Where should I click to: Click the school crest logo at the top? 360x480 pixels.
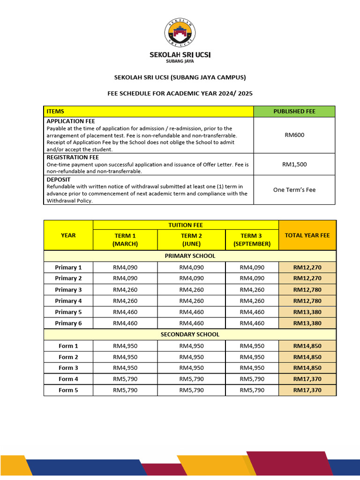(x=180, y=34)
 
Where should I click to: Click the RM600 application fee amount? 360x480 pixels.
(x=294, y=135)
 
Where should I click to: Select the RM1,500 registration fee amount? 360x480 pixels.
(x=294, y=165)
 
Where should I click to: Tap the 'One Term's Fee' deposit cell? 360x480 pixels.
(x=294, y=190)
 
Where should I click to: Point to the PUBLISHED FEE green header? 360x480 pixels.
(x=294, y=112)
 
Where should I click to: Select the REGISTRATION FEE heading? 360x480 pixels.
(x=73, y=157)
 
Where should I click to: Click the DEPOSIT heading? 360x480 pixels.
(x=59, y=179)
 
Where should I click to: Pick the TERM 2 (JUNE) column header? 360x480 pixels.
(x=191, y=240)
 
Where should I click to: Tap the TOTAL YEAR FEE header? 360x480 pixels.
(x=307, y=235)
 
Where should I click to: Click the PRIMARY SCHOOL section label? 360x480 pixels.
(x=190, y=256)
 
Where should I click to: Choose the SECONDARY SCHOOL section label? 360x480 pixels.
(x=190, y=335)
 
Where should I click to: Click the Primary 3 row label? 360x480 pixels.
(x=68, y=290)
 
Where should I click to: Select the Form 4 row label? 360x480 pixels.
(x=68, y=379)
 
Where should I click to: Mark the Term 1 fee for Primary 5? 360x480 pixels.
(x=125, y=312)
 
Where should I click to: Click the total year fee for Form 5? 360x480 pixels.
(x=307, y=390)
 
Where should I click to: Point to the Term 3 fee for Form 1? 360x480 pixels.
(x=252, y=346)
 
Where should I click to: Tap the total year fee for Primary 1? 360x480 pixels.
(x=307, y=268)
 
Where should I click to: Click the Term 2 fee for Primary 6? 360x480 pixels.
(x=191, y=323)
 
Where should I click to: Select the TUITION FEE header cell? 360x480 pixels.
(x=186, y=225)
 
